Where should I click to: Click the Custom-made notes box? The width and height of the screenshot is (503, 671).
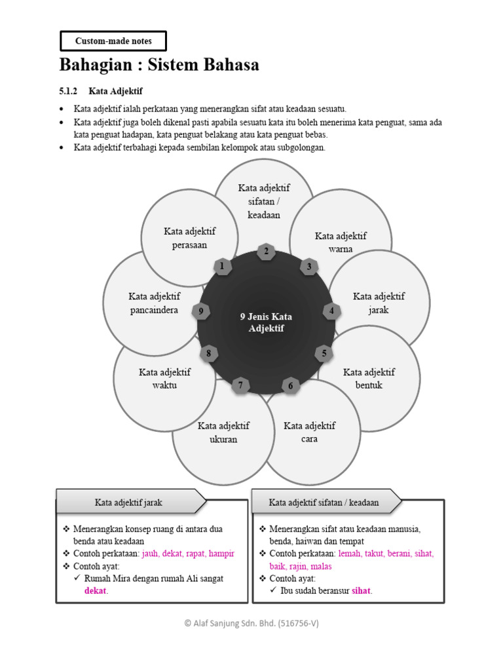point(113,41)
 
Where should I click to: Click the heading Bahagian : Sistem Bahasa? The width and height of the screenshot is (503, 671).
point(159,65)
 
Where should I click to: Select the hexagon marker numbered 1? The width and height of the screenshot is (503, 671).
point(222,266)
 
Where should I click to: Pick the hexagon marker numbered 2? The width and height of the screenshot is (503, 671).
point(265,251)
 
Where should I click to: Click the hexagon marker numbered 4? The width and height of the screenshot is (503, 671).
point(331,311)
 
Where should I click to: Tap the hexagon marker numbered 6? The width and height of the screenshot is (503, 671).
point(290,386)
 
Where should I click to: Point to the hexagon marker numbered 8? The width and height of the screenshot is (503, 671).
point(208,354)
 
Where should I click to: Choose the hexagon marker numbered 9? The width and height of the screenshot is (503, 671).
point(202,311)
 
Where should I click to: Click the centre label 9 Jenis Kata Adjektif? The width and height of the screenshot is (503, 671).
point(266,322)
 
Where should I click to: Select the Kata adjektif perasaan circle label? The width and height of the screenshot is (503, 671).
point(190,238)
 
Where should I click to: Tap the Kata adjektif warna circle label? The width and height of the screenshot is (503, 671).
point(341,242)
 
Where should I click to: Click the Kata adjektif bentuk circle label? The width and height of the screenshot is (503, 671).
point(369,378)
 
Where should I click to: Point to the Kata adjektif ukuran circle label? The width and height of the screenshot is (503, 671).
point(223,432)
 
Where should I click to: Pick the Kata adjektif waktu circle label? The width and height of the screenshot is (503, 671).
point(164,378)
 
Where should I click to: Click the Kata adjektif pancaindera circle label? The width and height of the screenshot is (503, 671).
point(154,303)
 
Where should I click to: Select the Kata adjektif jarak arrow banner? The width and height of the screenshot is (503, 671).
point(130,503)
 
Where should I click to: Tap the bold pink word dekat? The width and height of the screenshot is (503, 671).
point(95,590)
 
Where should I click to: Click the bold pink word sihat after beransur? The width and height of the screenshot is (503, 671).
point(361,590)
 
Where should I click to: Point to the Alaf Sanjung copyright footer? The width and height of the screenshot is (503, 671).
point(251,624)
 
